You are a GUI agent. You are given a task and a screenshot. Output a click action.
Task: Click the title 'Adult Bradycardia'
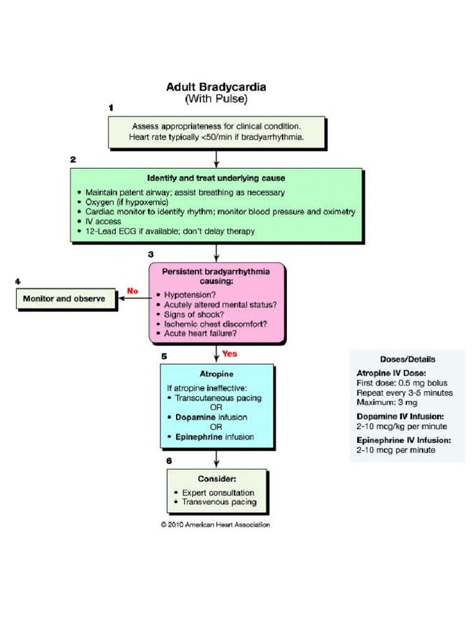coord(216,87)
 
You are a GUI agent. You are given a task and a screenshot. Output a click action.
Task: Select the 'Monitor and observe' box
coord(64,298)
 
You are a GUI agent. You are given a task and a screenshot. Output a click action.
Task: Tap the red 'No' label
coord(133,290)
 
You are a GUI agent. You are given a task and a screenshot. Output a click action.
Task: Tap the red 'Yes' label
coord(229,354)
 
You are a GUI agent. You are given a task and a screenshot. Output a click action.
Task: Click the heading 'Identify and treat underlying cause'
coord(216,178)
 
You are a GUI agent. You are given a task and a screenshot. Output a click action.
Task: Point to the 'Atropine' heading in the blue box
coord(216,375)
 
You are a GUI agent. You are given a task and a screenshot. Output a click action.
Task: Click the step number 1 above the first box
coord(111,107)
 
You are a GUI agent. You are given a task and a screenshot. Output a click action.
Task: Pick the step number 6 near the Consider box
coord(169,461)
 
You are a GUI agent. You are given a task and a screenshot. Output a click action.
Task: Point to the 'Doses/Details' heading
coord(407,359)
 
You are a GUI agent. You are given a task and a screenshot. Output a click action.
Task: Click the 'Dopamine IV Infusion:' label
coord(400,417)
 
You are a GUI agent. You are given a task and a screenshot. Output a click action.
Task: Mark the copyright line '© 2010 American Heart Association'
coord(216,524)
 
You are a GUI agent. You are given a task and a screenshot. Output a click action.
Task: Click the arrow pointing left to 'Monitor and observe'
coord(133,298)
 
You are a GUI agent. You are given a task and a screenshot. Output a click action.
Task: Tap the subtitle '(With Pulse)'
coord(216,98)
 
